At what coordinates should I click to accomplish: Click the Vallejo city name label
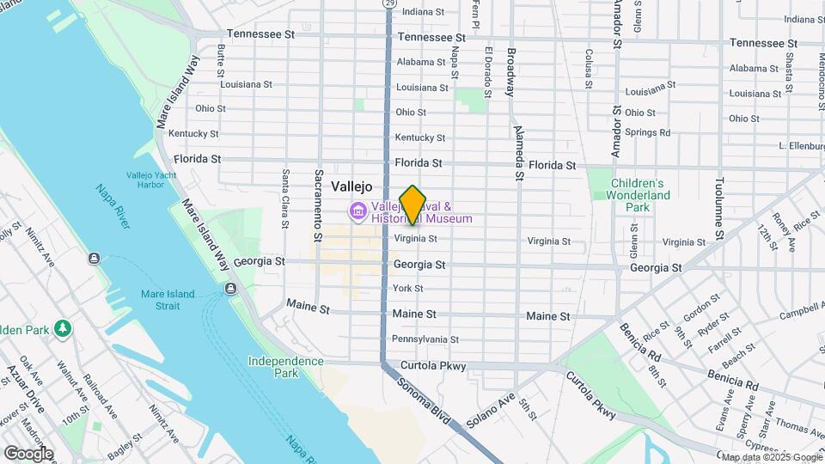tap(351, 186)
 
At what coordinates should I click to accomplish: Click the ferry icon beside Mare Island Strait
tap(230, 288)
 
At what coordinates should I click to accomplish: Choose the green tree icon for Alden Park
tap(62, 328)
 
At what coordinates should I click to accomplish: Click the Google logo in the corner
tap(28, 454)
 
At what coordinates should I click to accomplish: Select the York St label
tap(407, 289)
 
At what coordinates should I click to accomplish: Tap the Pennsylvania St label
tap(425, 339)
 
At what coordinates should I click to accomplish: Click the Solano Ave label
tap(490, 412)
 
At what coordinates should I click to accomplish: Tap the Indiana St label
tap(423, 12)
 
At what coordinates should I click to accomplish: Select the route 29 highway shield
tap(389, 4)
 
